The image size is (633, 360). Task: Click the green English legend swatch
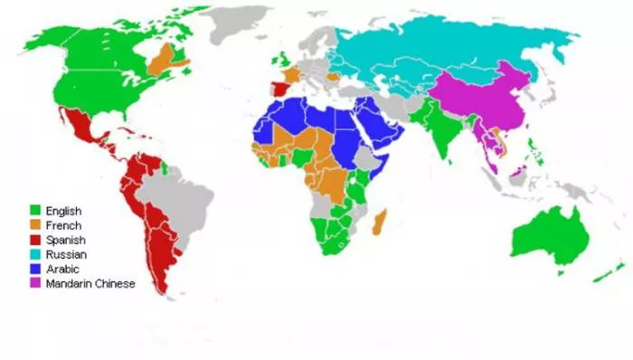(x=34, y=211)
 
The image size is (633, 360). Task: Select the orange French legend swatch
(x=34, y=225)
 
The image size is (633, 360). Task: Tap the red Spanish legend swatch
(x=34, y=240)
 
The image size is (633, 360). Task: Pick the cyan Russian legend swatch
(x=34, y=254)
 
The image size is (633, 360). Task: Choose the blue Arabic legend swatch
(x=34, y=269)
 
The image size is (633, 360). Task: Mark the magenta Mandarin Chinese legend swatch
(x=34, y=283)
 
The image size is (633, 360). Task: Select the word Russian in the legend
(x=64, y=254)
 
